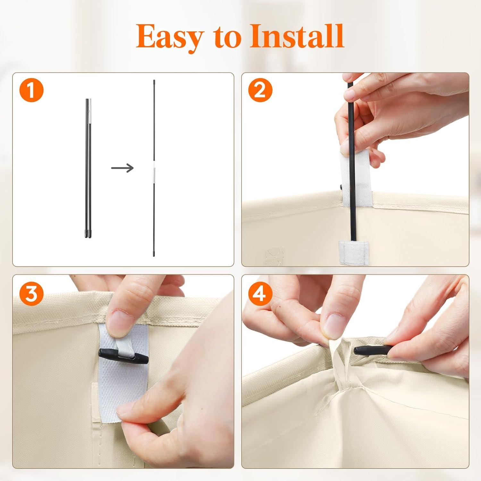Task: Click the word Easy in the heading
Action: coord(169,37)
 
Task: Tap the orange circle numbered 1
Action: coord(31,91)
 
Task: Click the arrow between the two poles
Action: coord(122,167)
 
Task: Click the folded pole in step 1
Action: coord(88,169)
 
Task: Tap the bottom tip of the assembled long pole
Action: coord(154,256)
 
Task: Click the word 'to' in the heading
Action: coord(226,38)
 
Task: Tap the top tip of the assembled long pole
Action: coord(154,80)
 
